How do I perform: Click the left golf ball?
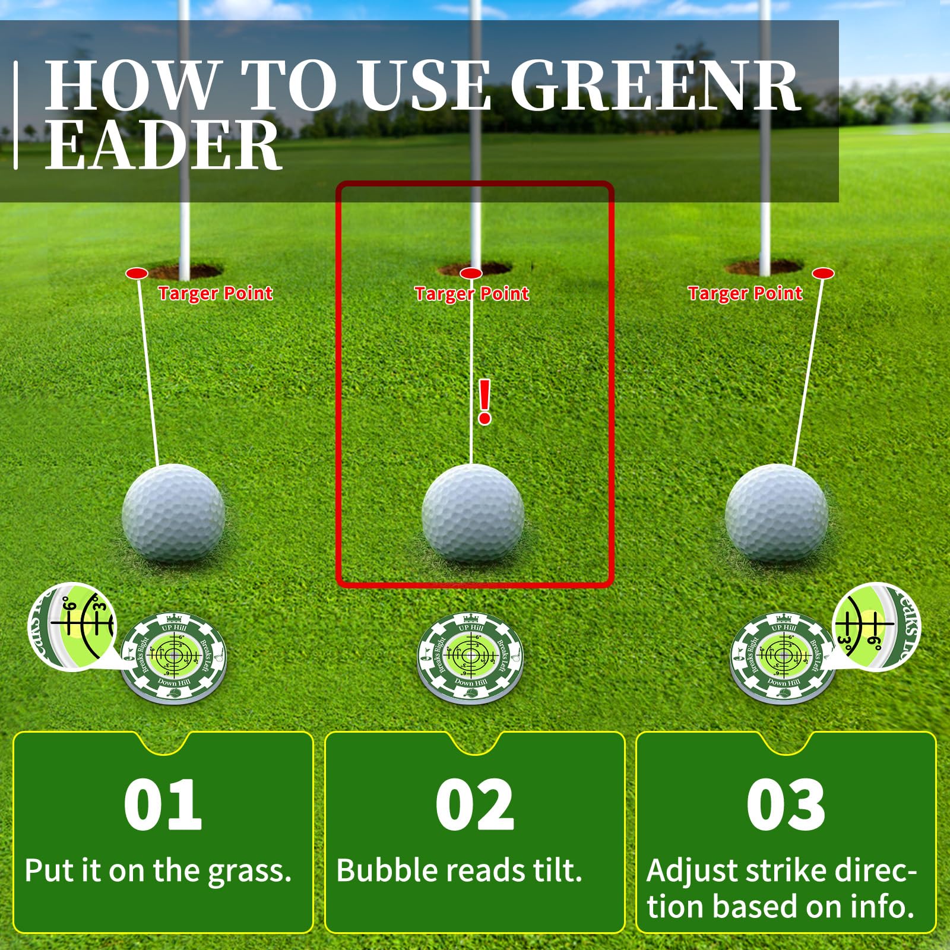click(173, 514)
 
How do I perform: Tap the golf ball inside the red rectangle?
click(473, 514)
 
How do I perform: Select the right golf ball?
click(777, 514)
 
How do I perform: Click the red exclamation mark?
click(484, 402)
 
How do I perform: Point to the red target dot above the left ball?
click(137, 273)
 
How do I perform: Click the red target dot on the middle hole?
click(471, 273)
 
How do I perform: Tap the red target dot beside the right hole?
click(823, 273)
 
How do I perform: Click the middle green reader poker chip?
click(471, 658)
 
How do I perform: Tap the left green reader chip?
click(174, 658)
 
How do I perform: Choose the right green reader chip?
click(783, 658)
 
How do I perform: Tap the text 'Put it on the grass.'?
click(159, 871)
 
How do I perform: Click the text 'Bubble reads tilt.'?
click(459, 871)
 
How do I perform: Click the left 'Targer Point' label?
click(215, 293)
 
